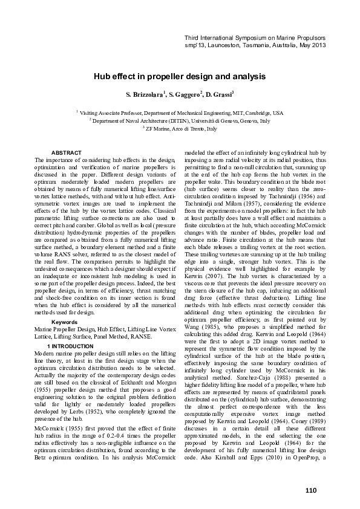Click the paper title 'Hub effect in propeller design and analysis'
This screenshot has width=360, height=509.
[180, 77]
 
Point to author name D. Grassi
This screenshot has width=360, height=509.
[220, 96]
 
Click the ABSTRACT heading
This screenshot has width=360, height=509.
[67, 152]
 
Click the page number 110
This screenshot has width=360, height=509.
[311, 489]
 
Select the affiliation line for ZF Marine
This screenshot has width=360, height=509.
[180, 129]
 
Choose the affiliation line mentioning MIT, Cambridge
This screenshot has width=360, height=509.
[180, 112]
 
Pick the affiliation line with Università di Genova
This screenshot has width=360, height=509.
[180, 120]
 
